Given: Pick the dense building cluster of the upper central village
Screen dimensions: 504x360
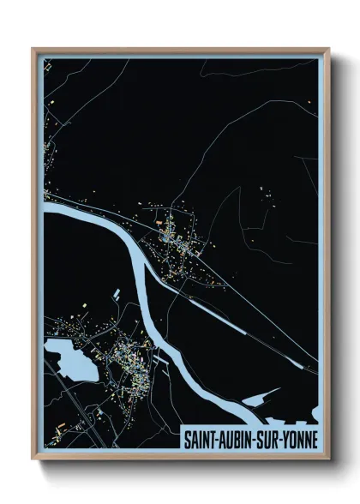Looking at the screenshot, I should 175,235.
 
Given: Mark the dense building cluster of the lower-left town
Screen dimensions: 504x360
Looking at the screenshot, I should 124,352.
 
